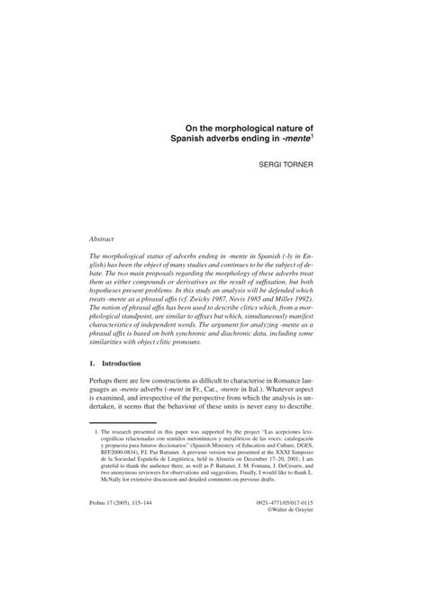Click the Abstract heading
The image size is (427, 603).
(103, 238)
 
